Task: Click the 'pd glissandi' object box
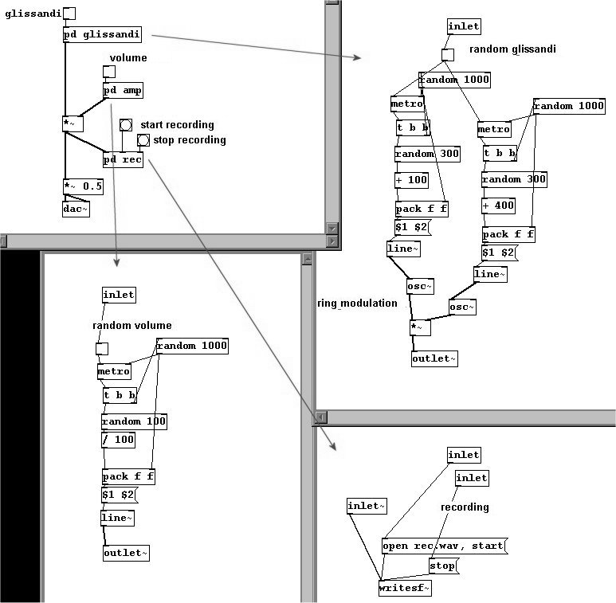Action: click(103, 34)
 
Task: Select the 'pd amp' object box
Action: click(123, 90)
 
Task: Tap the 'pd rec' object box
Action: click(123, 159)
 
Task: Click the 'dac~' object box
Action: click(76, 209)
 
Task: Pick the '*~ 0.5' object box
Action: click(84, 186)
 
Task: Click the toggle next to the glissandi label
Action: click(69, 14)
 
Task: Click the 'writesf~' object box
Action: click(405, 588)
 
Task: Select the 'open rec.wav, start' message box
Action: click(444, 546)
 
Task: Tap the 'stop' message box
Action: click(443, 566)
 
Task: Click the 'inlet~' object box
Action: click(367, 506)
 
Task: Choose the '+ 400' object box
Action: click(499, 206)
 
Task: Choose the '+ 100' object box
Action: click(411, 180)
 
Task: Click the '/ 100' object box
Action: click(118, 440)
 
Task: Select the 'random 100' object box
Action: click(134, 421)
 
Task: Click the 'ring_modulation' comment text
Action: click(357, 303)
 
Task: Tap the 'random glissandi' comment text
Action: click(512, 49)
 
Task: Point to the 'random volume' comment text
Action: click(131, 325)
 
